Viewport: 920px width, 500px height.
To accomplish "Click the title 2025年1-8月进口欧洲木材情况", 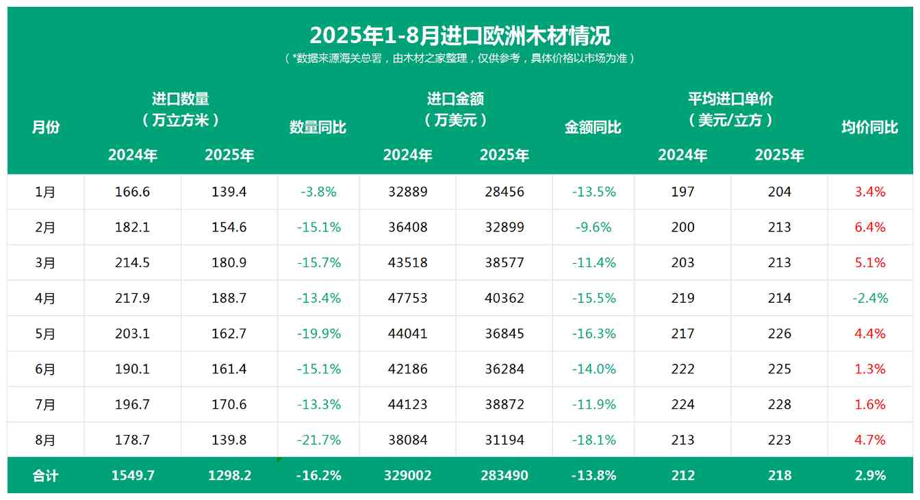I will (459, 35).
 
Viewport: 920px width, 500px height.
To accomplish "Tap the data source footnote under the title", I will (459, 58).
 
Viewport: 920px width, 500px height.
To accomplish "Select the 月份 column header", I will (46, 127).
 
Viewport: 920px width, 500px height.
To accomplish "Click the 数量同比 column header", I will (318, 127).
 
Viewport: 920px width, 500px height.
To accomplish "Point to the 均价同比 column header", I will (869, 127).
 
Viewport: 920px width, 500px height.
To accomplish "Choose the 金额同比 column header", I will (593, 127).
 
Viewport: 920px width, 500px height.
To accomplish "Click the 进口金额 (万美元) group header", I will (456, 110).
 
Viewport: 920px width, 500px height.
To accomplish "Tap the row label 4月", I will (46, 298).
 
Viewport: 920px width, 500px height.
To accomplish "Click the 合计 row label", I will (46, 475).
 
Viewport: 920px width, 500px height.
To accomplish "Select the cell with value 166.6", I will (133, 192).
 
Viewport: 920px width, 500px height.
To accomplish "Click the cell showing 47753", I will (408, 298).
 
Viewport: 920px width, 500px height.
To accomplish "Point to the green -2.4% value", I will (870, 298).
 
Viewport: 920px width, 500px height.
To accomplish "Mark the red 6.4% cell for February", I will (870, 227).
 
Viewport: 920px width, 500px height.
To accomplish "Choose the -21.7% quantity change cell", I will (319, 440).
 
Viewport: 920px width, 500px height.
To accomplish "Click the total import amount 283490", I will (504, 475).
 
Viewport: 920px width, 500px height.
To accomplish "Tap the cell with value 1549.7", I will (133, 475).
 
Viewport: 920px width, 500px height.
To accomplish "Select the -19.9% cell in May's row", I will (319, 334).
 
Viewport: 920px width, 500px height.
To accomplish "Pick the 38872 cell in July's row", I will (504, 404).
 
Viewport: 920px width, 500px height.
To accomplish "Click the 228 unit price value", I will (780, 404).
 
